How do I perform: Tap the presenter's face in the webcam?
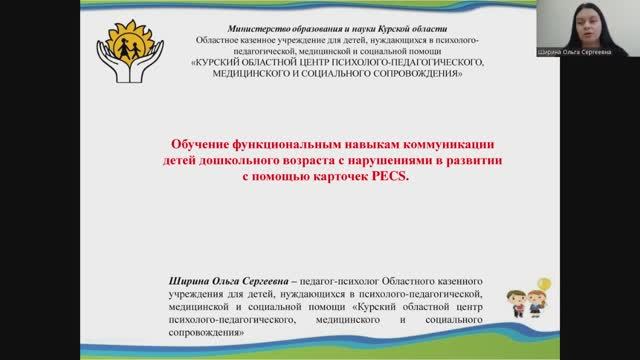(x=582, y=22)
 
